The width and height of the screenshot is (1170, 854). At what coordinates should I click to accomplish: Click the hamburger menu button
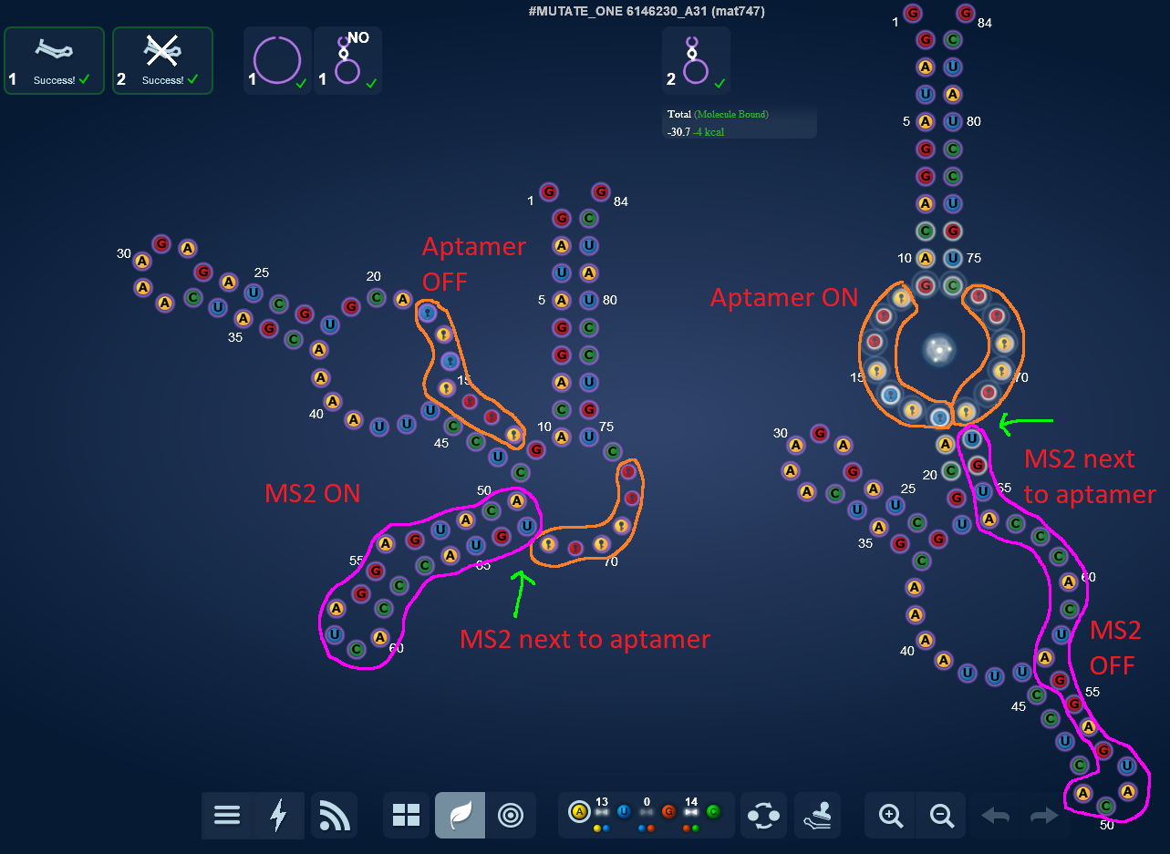pyautogui.click(x=227, y=815)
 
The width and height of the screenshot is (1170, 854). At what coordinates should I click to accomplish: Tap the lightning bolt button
pyautogui.click(x=279, y=815)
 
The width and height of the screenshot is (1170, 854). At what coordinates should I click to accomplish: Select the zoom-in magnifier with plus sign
pyautogui.click(x=890, y=815)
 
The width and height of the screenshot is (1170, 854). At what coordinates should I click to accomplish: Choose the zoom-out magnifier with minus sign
pyautogui.click(x=941, y=815)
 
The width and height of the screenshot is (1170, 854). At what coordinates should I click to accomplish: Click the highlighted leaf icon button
pyautogui.click(x=460, y=815)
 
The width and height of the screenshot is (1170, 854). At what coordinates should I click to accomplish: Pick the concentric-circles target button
pyautogui.click(x=511, y=815)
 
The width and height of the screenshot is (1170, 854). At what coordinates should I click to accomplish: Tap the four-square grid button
pyautogui.click(x=406, y=815)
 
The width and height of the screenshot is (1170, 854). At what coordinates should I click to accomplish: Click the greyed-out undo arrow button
pyautogui.click(x=995, y=815)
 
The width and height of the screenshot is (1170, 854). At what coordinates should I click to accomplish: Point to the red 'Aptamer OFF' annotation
pyautogui.click(x=473, y=263)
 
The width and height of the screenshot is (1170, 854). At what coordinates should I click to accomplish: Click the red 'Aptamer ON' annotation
pyautogui.click(x=784, y=298)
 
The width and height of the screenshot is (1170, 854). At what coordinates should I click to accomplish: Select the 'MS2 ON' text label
pyautogui.click(x=312, y=494)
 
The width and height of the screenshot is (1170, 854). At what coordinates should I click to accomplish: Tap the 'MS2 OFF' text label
pyautogui.click(x=1116, y=647)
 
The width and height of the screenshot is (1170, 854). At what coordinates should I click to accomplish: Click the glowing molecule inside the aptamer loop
pyautogui.click(x=938, y=349)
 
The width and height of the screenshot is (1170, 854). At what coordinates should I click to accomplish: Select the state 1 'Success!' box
pyautogui.click(x=55, y=60)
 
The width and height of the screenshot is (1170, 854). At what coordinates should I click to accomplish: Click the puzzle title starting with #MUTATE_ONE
pyautogui.click(x=647, y=12)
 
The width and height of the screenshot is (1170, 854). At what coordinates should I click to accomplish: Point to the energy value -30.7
pyautogui.click(x=679, y=132)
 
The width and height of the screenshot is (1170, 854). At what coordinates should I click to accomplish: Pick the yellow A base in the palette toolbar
pyautogui.click(x=579, y=811)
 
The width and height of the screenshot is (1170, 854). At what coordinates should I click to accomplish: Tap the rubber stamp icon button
pyautogui.click(x=818, y=815)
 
